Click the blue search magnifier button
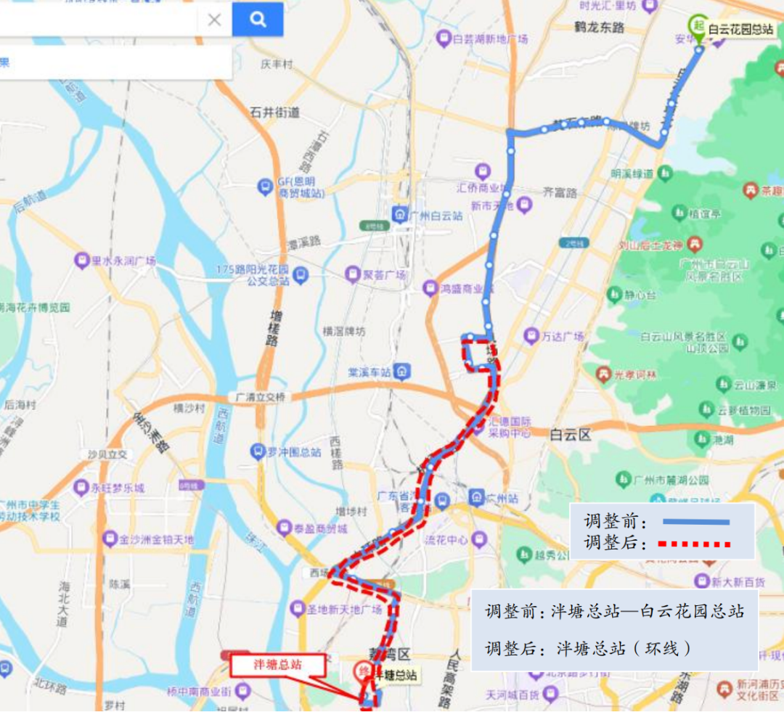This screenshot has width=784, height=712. [x=258, y=20]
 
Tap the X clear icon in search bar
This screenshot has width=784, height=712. [x=214, y=20]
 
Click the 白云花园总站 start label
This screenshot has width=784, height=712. [x=740, y=30]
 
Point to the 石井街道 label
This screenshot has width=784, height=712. [x=274, y=112]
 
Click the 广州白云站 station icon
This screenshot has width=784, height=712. [x=399, y=215]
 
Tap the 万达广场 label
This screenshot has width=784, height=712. [x=563, y=337]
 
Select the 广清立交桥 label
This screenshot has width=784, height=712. [x=261, y=397]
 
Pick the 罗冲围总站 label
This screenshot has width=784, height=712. [x=295, y=451]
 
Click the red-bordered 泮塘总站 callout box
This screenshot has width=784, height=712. [x=277, y=663]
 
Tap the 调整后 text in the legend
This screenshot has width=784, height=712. [x=611, y=543]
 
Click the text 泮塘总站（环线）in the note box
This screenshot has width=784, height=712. [x=624, y=648]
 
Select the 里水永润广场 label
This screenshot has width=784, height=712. [x=123, y=261]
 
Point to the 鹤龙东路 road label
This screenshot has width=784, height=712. [x=599, y=28]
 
